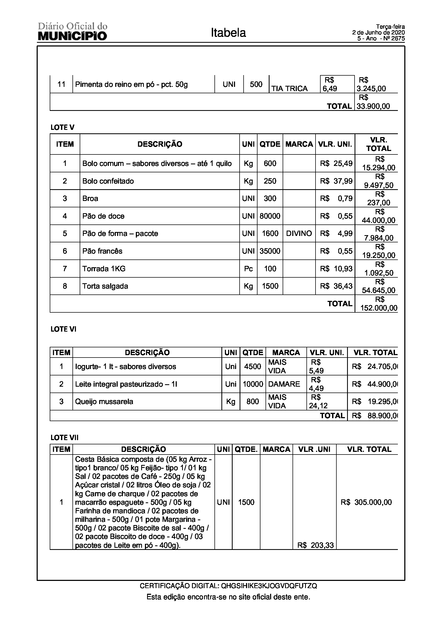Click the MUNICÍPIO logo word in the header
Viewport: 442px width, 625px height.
[x=72, y=36]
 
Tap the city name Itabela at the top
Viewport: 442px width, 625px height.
[x=228, y=33]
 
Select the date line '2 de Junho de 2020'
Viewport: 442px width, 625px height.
[x=378, y=33]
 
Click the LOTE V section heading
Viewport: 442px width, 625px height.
[x=62, y=127]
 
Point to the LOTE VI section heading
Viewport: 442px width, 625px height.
[x=63, y=329]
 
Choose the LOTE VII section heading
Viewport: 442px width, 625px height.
[x=64, y=437]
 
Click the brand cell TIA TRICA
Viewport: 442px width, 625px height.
[x=290, y=88]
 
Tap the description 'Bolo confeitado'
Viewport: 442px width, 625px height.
[x=108, y=181]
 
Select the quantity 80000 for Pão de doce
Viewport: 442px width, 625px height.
[x=270, y=216]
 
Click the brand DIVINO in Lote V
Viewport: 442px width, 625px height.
[x=299, y=234]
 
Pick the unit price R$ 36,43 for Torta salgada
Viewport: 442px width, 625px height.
[x=336, y=286]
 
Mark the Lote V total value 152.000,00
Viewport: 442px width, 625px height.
[x=379, y=308]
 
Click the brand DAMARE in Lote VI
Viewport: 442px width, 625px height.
[x=284, y=384]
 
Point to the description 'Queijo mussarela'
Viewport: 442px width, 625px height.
[x=104, y=402]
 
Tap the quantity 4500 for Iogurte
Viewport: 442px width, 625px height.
[x=252, y=367]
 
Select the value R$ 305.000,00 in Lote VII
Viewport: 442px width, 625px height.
[x=366, y=502]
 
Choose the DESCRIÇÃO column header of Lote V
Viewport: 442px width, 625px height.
[x=160, y=144]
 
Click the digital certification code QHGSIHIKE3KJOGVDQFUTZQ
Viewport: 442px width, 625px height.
[x=269, y=586]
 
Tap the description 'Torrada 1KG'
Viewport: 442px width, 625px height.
[x=104, y=269]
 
